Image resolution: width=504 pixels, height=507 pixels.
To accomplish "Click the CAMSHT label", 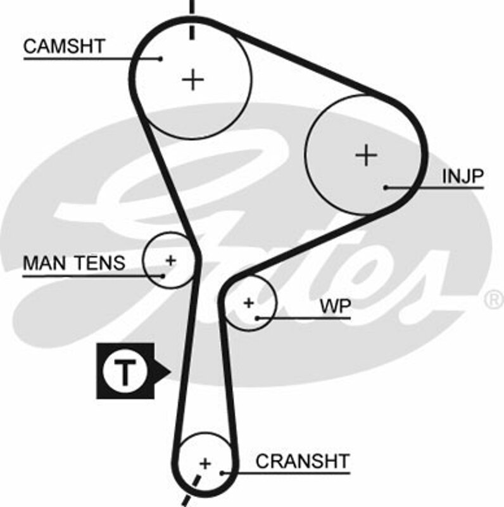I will click(x=63, y=46).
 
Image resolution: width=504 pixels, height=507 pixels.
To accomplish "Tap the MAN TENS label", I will click(x=74, y=263).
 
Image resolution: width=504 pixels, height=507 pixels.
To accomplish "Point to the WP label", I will click(x=335, y=306).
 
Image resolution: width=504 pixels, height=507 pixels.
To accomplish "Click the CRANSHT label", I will click(x=302, y=461).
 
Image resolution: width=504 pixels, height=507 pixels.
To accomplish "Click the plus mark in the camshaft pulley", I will click(x=193, y=80).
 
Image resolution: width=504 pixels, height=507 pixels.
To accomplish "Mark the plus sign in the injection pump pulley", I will click(x=366, y=155).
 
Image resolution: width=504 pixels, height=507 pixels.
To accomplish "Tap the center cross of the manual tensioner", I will click(x=170, y=260).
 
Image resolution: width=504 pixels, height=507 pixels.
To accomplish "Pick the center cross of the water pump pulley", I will click(x=249, y=303).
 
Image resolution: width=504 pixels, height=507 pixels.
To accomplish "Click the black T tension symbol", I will click(x=125, y=371).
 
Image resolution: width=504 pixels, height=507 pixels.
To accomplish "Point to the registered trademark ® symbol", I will click(x=493, y=297).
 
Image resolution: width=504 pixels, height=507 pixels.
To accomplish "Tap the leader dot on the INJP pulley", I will click(x=386, y=187).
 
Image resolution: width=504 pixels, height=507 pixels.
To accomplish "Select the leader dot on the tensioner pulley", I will click(x=163, y=276).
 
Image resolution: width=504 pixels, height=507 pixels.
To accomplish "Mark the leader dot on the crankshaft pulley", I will click(x=222, y=472).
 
